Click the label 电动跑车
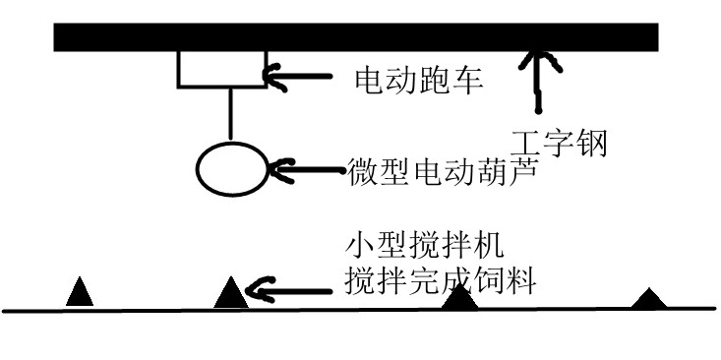click(x=418, y=79)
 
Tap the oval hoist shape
click(x=231, y=169)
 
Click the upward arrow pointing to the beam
click(x=536, y=74)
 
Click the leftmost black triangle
click(x=80, y=293)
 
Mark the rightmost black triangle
click(x=646, y=299)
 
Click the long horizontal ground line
click(x=354, y=311)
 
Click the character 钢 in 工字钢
click(x=590, y=145)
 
